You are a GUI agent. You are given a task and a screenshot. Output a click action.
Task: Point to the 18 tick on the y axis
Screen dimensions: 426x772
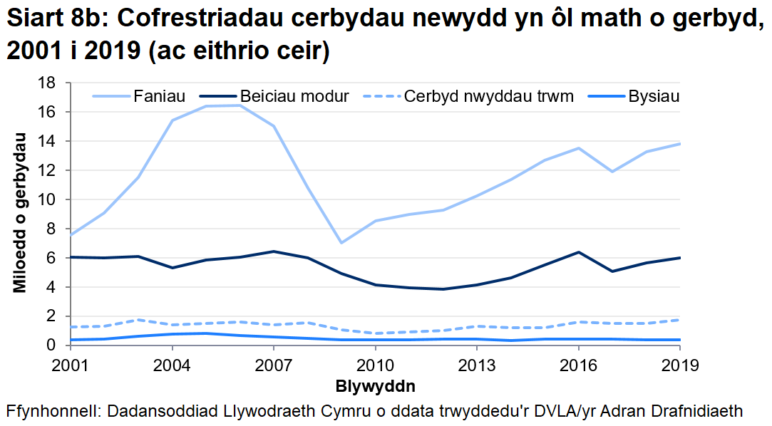click(46, 83)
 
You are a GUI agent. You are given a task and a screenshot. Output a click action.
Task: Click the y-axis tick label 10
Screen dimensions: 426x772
click(46, 199)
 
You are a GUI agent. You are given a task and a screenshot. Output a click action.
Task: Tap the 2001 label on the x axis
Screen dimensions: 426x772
click(71, 365)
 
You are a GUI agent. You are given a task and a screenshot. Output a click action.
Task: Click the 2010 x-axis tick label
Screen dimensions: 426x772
click(376, 365)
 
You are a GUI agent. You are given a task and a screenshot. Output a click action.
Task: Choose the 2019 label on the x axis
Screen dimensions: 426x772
click(680, 365)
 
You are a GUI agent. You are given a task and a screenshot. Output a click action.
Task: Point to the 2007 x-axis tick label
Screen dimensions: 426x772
click(274, 365)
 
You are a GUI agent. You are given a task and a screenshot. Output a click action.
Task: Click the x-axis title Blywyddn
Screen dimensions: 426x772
click(375, 386)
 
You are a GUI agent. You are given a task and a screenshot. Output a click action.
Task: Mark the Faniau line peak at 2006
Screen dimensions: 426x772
click(240, 105)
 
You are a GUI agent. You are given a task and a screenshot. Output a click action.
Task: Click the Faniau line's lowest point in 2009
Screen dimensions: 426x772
click(341, 243)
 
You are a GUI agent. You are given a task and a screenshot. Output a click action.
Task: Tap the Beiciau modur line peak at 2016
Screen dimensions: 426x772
click(578, 252)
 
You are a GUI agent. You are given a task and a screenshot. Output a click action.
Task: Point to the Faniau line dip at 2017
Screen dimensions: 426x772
click(612, 172)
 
